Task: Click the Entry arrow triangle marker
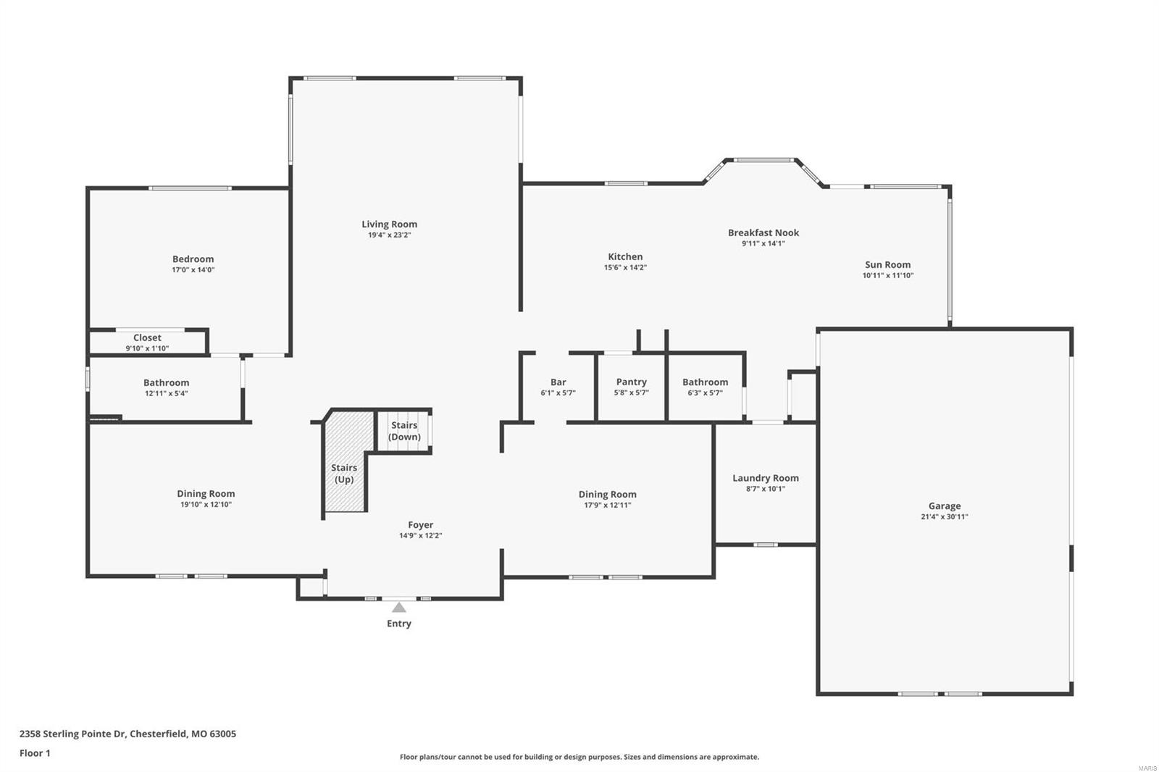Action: click(x=399, y=608)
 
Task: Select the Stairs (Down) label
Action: click(x=404, y=431)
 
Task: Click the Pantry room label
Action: click(x=631, y=382)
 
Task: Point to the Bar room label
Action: click(x=558, y=382)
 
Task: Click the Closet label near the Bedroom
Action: click(x=147, y=337)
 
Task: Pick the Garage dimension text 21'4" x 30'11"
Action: click(x=944, y=517)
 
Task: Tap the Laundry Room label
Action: click(x=765, y=478)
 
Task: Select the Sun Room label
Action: click(x=887, y=264)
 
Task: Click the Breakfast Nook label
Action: click(x=763, y=232)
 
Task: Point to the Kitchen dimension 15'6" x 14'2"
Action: click(x=625, y=267)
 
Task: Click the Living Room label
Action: click(x=389, y=224)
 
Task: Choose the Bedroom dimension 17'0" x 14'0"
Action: click(x=193, y=270)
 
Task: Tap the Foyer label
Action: click(x=420, y=525)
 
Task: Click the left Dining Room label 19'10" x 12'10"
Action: click(x=206, y=494)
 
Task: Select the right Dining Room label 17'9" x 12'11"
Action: click(x=607, y=495)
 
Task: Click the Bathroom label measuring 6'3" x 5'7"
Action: click(x=705, y=382)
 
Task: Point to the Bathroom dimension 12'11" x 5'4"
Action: click(x=166, y=394)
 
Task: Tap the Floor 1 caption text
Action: click(x=35, y=753)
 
